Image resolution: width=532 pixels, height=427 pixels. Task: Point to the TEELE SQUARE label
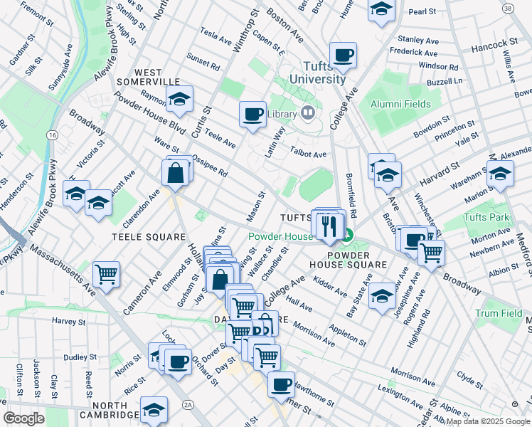(x=141, y=235)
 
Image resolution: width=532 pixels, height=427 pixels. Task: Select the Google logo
(x=23, y=418)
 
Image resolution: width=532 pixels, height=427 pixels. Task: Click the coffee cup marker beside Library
(x=252, y=114)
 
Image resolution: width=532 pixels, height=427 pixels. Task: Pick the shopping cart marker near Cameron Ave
(x=106, y=273)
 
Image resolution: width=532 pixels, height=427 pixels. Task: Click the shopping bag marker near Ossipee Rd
(x=176, y=172)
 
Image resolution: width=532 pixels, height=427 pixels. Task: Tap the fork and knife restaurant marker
(x=328, y=225)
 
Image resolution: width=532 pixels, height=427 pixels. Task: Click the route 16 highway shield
(x=52, y=135)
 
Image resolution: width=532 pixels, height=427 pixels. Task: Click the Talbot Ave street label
(x=309, y=153)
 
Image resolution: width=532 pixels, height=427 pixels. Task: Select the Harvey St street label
(x=68, y=322)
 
